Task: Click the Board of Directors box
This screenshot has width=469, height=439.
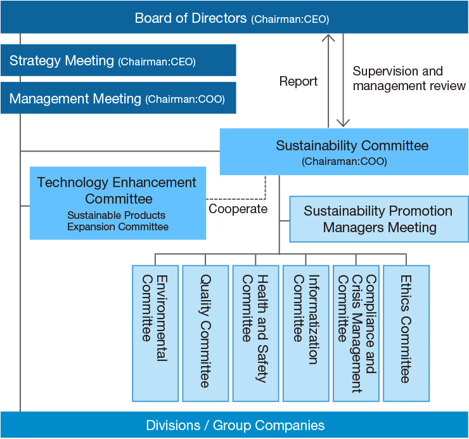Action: click(234, 17)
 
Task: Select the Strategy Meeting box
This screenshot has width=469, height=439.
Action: click(119, 60)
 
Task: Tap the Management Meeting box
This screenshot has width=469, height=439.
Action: click(119, 98)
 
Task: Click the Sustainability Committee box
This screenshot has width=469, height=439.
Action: click(344, 152)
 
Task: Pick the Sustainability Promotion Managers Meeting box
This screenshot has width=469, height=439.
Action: click(379, 219)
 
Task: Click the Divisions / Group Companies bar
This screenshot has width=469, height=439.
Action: click(234, 425)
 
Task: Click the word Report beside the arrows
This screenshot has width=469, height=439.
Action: click(299, 81)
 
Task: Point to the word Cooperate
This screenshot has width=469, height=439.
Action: click(238, 209)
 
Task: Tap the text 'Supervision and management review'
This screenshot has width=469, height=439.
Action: click(409, 78)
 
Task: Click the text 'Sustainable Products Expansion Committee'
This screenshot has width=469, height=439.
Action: click(118, 221)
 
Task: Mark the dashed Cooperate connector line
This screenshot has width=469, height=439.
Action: click(236, 199)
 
